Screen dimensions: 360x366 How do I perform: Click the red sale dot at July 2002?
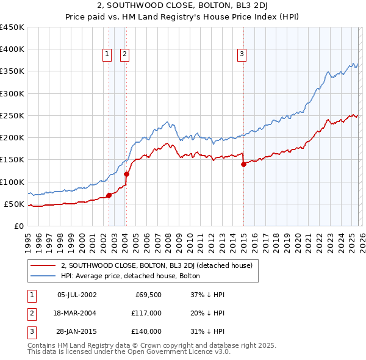[x=109, y=195]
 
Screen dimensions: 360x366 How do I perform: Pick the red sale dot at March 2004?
[x=127, y=175]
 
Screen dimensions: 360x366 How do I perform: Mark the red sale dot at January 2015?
[x=243, y=164]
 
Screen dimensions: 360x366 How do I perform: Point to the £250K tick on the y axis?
[x=12, y=115]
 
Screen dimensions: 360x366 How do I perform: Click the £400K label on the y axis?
[x=12, y=49]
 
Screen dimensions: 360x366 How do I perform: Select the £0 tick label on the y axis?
[x=18, y=226]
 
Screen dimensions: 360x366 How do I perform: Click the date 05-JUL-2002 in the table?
[x=76, y=295]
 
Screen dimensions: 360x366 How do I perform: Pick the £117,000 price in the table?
[x=146, y=313]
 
